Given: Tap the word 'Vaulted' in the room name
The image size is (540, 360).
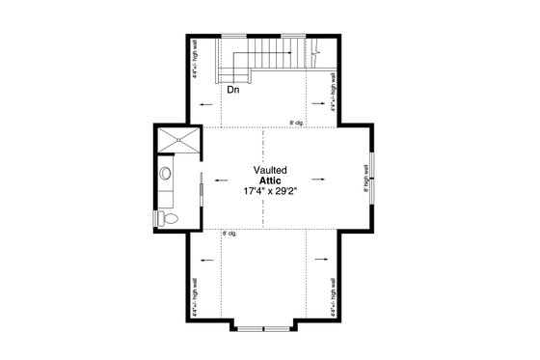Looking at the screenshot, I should point(270,169).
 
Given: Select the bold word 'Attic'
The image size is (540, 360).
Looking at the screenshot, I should point(270,180).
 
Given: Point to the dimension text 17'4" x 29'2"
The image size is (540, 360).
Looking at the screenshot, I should point(270,192).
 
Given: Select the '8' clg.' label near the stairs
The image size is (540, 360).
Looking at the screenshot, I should point(298,123).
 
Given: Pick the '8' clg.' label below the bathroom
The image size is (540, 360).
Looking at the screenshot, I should point(230,233).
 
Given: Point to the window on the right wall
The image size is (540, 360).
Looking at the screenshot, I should point(372,179).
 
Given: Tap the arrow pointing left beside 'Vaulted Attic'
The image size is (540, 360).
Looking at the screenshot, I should point(225,180).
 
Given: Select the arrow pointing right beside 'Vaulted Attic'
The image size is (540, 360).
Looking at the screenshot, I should point(317,180).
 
